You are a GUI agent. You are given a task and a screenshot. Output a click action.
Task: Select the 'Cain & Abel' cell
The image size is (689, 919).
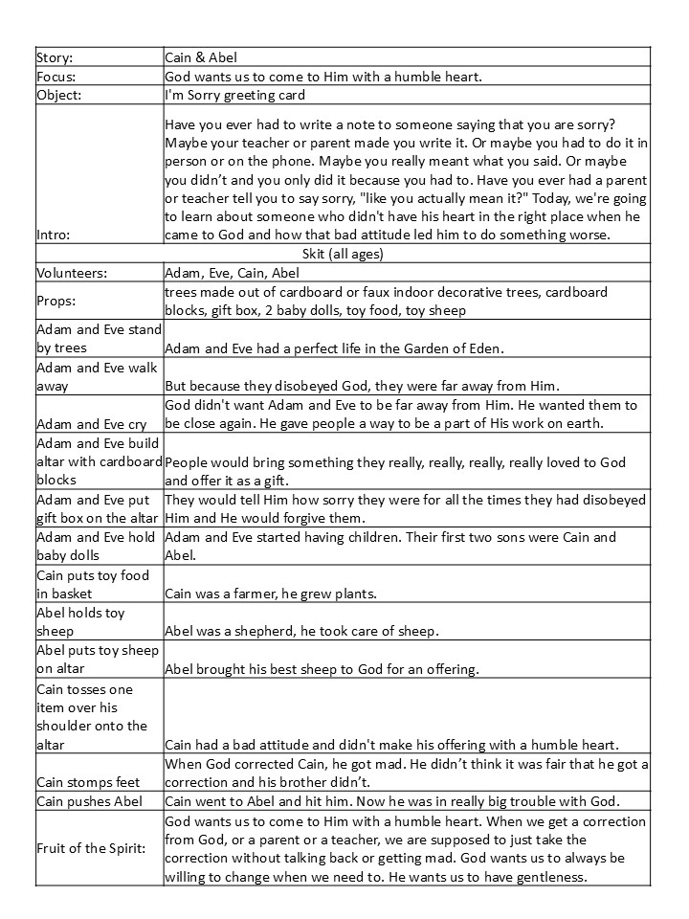point(198,57)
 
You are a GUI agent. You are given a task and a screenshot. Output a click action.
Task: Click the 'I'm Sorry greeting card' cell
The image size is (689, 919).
point(235,95)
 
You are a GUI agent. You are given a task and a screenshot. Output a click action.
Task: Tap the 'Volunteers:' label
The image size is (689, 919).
point(74,273)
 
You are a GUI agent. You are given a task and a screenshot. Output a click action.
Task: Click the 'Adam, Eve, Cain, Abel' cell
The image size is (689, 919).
point(239,273)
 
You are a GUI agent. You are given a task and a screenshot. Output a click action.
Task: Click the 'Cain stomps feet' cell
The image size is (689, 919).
point(92,781)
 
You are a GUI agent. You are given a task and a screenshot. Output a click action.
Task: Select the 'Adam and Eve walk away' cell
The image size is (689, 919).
point(98,376)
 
